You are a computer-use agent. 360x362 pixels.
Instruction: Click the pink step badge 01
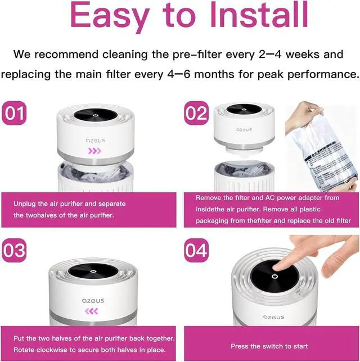(14, 113)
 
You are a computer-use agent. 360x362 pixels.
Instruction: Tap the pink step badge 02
(196, 113)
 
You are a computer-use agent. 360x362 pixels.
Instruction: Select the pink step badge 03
(14, 250)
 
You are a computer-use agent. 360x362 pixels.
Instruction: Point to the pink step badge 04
(196, 250)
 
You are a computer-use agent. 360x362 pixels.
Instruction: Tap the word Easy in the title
(109, 17)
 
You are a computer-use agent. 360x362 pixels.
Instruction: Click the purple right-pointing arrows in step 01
(94, 151)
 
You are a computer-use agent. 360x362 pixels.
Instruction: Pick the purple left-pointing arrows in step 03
(91, 311)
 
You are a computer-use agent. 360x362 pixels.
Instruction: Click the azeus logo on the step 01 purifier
(96, 141)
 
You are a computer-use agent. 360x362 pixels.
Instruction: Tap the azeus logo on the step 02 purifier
(244, 129)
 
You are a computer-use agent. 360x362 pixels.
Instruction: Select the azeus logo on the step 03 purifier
(93, 301)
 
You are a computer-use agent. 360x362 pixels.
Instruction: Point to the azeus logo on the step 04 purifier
(274, 317)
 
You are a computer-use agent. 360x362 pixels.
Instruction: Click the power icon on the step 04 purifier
(274, 277)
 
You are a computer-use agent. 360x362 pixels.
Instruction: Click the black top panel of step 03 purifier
(93, 271)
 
